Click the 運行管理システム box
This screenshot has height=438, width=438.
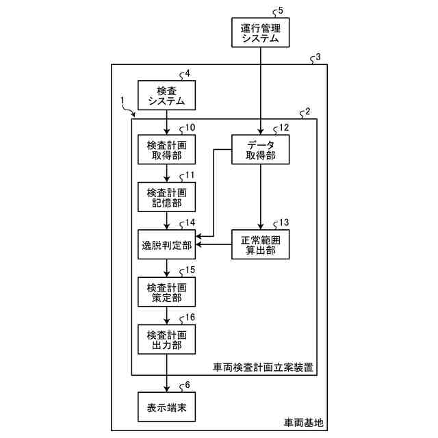(261, 33)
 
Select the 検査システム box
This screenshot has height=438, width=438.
(167, 96)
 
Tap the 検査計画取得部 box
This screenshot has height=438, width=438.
(167, 151)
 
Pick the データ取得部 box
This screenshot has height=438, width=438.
(260, 151)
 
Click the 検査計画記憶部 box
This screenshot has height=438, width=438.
(167, 197)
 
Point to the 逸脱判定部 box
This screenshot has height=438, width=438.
(167, 243)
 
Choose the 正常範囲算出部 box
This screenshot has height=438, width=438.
(260, 243)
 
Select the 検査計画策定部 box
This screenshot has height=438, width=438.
(167, 292)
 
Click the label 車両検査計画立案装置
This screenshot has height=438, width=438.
(263, 367)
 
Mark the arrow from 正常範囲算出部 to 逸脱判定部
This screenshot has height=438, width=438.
(214, 244)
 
